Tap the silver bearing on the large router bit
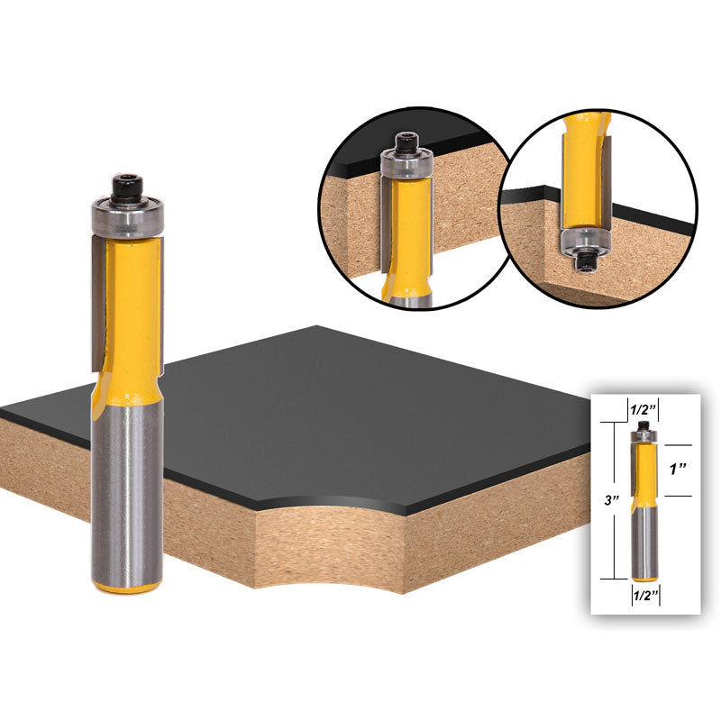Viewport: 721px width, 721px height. click(126, 216)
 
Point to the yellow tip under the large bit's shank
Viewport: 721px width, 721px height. click(128, 588)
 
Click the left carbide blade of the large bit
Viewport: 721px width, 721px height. click(96, 288)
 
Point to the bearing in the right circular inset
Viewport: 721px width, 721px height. click(582, 240)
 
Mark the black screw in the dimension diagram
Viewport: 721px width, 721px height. click(643, 426)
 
